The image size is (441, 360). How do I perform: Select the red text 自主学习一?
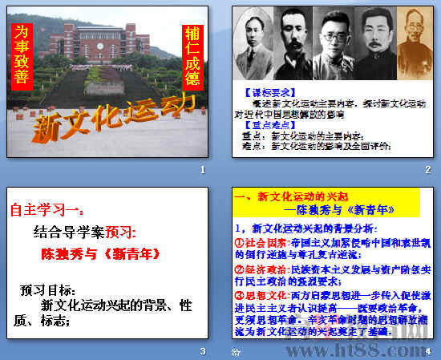(45, 212)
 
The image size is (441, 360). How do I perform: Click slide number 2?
(427, 170)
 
